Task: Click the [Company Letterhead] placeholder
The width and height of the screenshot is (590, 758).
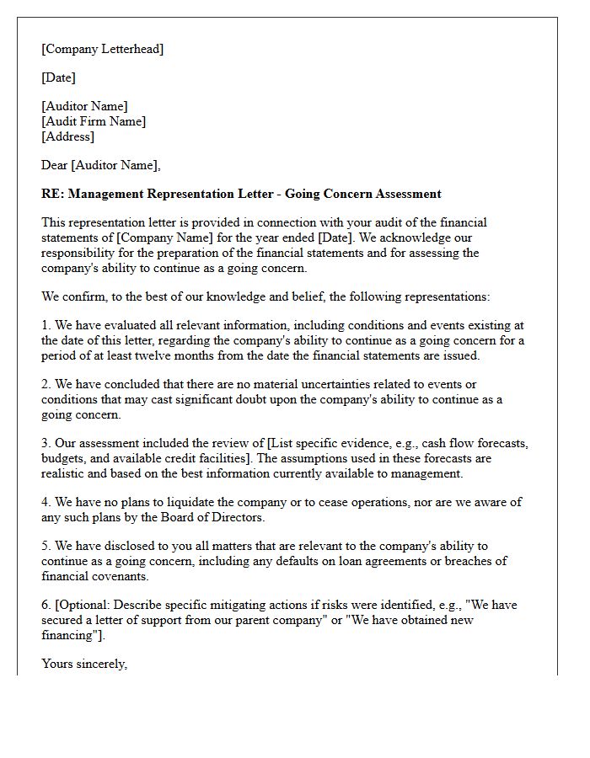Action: (102, 49)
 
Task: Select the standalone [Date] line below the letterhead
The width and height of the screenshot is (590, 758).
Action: (58, 77)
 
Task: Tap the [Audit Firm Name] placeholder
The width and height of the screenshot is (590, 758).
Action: (94, 121)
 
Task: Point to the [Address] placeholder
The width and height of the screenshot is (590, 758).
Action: (67, 136)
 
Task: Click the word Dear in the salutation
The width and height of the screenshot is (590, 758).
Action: (54, 165)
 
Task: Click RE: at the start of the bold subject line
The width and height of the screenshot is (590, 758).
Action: (52, 194)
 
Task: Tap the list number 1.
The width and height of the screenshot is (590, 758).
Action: (46, 325)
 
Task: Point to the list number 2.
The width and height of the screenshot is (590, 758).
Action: (46, 384)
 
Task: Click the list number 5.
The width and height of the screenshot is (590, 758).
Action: (46, 546)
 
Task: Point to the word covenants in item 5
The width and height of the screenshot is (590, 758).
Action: (121, 576)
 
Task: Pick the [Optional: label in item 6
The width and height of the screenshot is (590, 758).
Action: (84, 605)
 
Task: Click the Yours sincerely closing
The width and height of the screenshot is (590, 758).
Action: (84, 664)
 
